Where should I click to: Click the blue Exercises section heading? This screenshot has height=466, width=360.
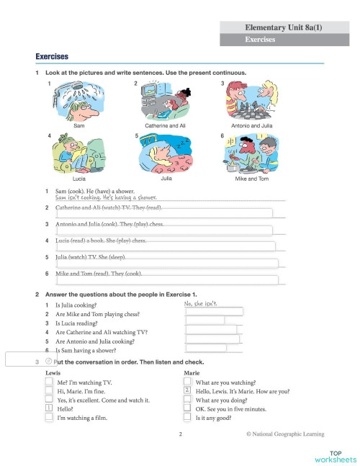click(52, 56)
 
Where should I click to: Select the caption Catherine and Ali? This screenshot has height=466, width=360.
click(167, 125)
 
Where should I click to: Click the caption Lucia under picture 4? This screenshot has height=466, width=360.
click(79, 177)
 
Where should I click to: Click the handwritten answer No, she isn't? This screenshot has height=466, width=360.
click(202, 304)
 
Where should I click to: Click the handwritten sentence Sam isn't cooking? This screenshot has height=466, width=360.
click(101, 197)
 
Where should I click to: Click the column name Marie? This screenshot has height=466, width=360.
click(192, 373)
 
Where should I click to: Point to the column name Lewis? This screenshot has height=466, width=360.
click(53, 373)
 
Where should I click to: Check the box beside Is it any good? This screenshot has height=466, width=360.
click(188, 417)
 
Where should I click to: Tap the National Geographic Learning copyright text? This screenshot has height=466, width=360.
click(285, 434)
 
